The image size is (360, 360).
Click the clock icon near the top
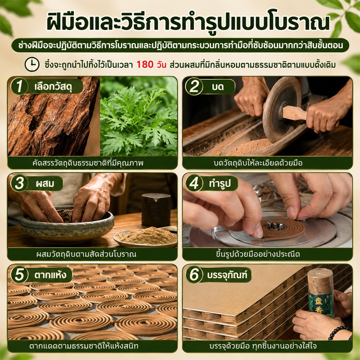tap(32, 64)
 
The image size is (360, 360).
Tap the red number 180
tap(145, 64)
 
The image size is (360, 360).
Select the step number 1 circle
tap(19, 86)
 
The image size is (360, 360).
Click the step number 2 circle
tap(194, 86)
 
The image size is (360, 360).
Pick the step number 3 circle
tap(19, 183)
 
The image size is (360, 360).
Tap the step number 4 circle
tap(194, 183)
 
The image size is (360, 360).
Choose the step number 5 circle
tap(19, 274)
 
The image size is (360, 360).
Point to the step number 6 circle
tap(194, 274)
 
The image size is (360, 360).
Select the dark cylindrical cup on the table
tap(156, 210)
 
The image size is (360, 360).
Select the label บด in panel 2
tap(218, 87)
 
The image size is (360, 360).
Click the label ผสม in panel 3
tap(45, 184)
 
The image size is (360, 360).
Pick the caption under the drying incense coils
tap(84, 346)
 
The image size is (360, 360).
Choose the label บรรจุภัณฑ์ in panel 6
tap(227, 275)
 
